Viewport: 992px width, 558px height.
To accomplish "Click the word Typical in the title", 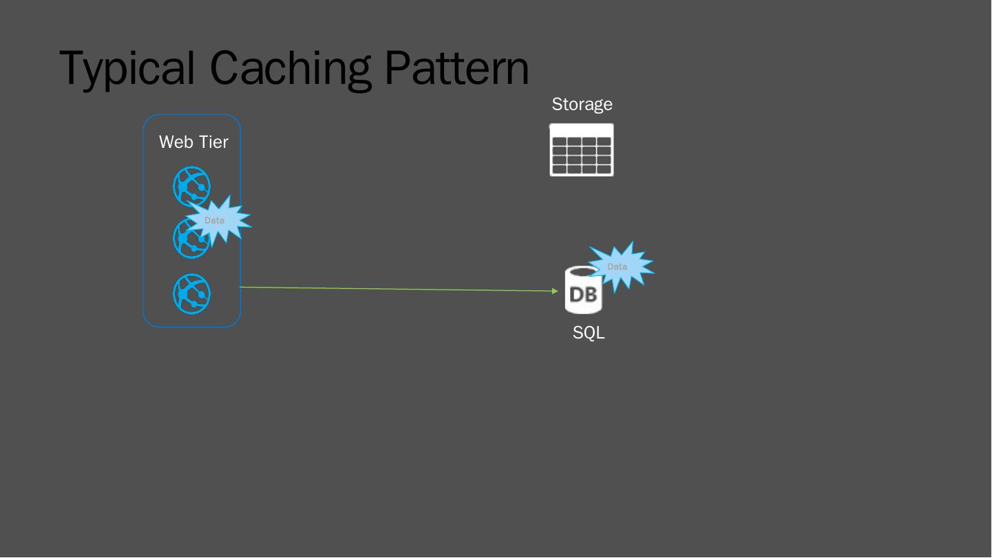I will [x=127, y=68].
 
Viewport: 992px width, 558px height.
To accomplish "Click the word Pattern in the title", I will [x=456, y=68].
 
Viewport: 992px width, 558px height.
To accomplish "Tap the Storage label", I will [x=582, y=105].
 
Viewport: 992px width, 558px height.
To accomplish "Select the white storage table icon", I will [x=582, y=150].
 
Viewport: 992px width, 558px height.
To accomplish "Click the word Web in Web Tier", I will [x=176, y=142].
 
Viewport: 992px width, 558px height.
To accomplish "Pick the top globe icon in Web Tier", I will [x=191, y=185].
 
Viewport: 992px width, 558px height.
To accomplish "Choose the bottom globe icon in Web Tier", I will [x=191, y=294].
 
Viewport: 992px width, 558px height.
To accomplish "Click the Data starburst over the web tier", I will [x=216, y=220].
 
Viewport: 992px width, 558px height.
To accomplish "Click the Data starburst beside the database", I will [x=619, y=267].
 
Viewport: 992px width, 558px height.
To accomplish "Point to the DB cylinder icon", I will [x=580, y=292].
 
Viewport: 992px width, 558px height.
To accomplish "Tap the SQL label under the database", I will [x=589, y=333].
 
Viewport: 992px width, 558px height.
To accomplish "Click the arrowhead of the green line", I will [x=555, y=291].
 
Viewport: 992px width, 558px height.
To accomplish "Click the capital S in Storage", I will [x=558, y=105].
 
